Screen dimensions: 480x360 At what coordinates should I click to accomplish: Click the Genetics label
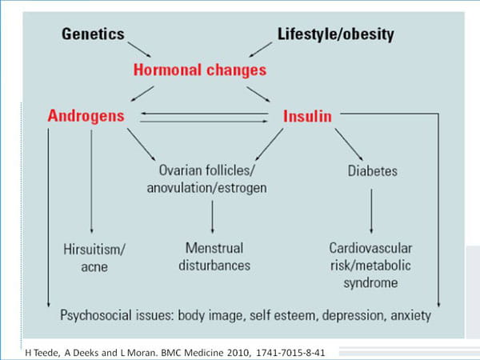click(x=93, y=34)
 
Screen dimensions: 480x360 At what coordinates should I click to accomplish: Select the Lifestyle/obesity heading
click(x=335, y=34)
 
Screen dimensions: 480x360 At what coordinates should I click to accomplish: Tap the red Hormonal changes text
click(x=200, y=70)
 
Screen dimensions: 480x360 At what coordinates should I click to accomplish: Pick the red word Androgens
click(x=86, y=116)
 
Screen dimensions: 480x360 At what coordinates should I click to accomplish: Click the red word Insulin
click(x=307, y=116)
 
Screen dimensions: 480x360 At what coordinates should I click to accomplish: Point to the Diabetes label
click(x=372, y=171)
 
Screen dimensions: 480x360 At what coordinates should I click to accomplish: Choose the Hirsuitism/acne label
click(x=94, y=258)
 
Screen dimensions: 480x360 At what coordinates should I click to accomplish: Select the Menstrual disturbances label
click(x=214, y=257)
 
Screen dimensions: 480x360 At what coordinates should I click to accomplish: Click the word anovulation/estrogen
click(x=206, y=188)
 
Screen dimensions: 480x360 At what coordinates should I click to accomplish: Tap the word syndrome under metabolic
click(x=370, y=282)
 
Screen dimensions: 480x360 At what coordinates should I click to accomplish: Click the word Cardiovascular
click(x=370, y=248)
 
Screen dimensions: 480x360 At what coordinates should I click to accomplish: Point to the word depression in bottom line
click(x=352, y=315)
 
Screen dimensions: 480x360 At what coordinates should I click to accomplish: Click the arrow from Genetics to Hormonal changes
click(x=139, y=50)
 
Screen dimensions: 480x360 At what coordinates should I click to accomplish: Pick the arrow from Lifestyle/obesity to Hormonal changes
click(x=261, y=50)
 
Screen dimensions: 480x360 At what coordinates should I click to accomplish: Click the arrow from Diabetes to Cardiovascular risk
click(x=372, y=211)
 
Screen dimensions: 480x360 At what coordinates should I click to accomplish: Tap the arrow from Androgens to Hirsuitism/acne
click(x=91, y=182)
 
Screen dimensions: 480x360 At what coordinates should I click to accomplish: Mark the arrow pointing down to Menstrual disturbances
click(x=213, y=217)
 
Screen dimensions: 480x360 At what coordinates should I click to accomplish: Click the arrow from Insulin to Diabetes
click(x=349, y=145)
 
